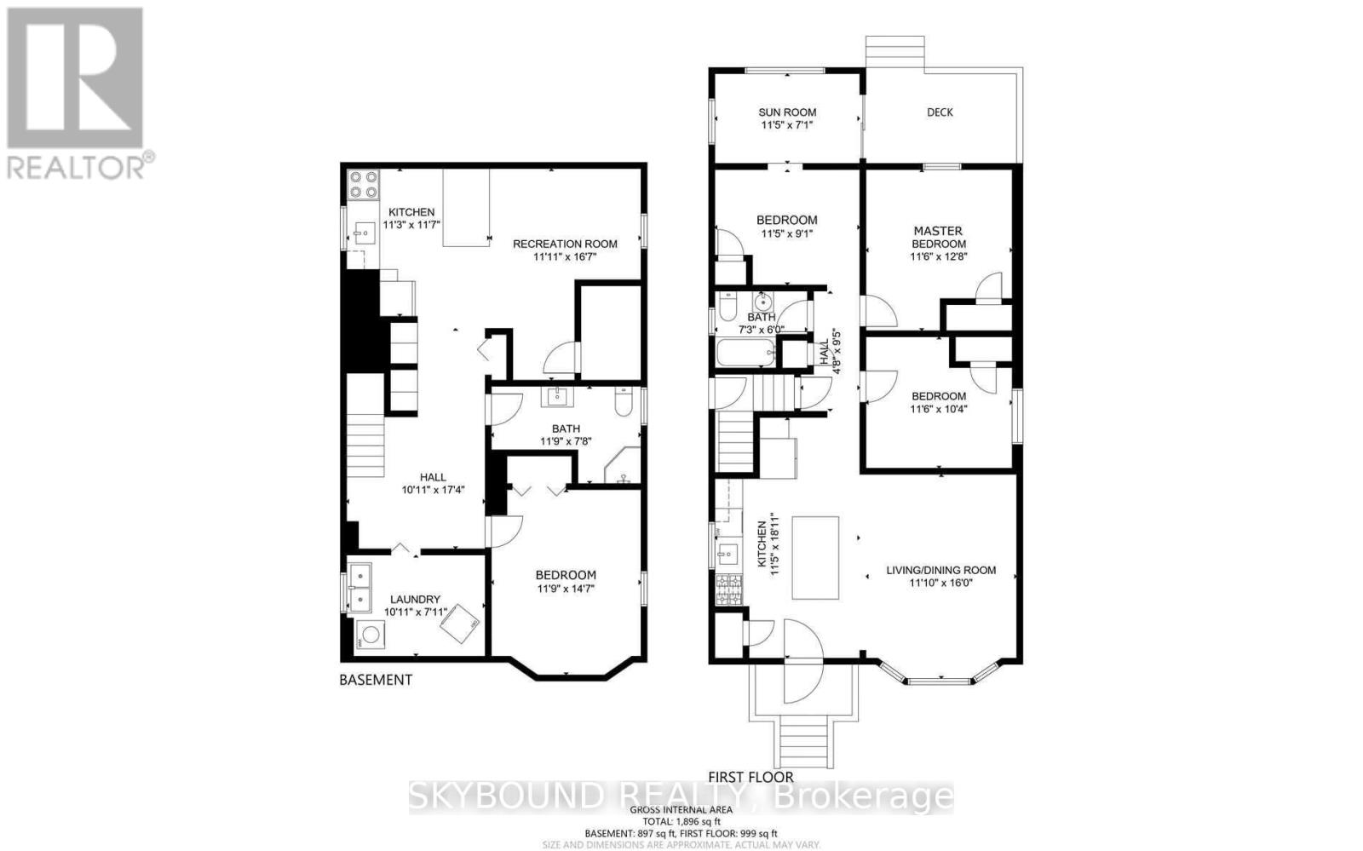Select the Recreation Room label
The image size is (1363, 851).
[565, 244]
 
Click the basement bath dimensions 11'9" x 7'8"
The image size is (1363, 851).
[566, 441]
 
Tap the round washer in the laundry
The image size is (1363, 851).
[371, 635]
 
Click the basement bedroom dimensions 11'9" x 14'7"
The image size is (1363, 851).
[566, 588]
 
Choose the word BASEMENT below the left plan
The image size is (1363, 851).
[376, 680]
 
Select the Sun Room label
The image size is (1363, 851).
[787, 112]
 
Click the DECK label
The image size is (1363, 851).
[940, 112]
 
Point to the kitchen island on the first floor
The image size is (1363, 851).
[815, 558]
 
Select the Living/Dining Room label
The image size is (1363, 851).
[940, 571]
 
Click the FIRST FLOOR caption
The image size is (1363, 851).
[751, 777]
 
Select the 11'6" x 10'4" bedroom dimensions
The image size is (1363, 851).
[939, 409]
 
